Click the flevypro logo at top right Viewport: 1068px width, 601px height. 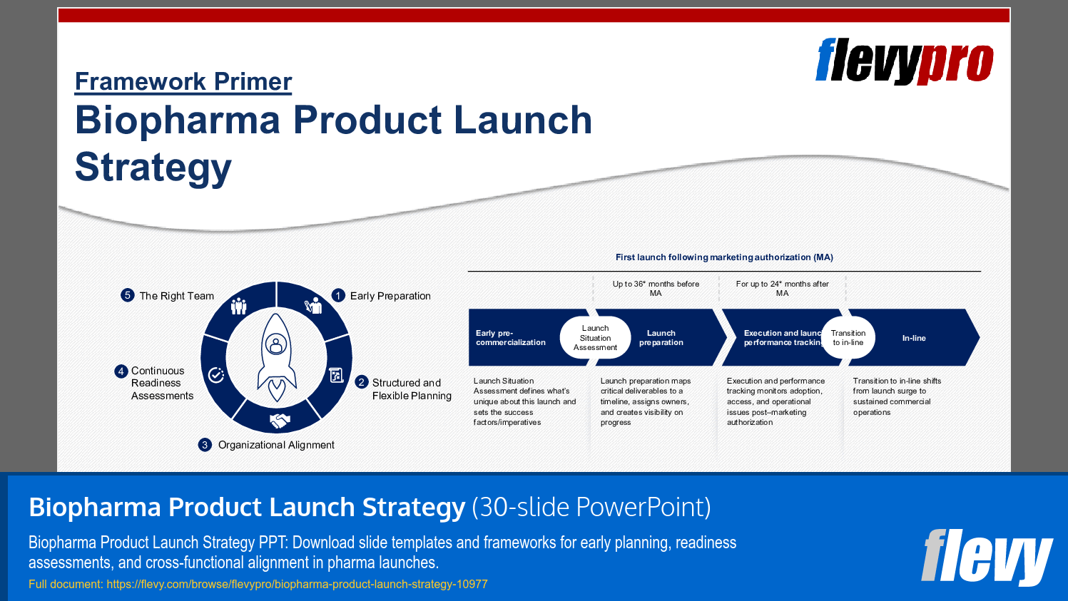(904, 61)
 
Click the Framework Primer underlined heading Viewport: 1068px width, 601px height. (183, 82)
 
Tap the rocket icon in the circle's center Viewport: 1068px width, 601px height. (276, 356)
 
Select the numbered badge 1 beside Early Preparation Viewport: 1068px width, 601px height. (338, 295)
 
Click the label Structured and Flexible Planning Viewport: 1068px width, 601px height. (411, 389)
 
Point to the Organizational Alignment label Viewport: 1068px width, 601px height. (275, 445)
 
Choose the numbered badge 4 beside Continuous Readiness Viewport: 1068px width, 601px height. (121, 371)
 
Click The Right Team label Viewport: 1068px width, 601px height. (176, 296)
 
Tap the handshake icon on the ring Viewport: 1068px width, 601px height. (280, 421)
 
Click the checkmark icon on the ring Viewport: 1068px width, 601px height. (216, 375)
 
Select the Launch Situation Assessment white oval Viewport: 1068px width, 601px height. (595, 338)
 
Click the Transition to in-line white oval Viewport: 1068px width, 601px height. (848, 338)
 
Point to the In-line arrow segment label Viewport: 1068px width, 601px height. (913, 338)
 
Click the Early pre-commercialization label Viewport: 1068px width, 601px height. (510, 338)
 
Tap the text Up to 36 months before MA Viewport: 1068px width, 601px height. (656, 288)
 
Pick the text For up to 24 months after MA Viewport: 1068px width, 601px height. (782, 288)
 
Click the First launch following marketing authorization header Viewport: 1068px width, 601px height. (724, 257)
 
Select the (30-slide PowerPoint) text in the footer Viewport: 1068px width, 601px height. (591, 507)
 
